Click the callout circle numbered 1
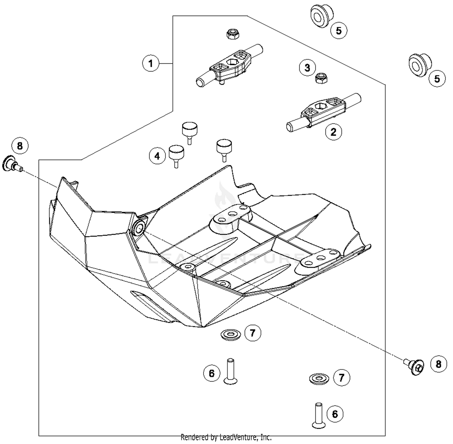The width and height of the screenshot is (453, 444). point(150,63)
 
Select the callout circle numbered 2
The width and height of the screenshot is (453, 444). point(333,132)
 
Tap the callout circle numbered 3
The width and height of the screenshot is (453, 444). point(307,68)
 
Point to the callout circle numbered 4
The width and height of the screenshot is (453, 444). point(157,156)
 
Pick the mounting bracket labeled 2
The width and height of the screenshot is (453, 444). point(323,112)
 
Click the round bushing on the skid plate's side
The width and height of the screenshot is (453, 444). point(139,230)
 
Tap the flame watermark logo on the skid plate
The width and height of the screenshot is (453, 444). point(223,199)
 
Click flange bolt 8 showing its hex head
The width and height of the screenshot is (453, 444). point(417,367)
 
